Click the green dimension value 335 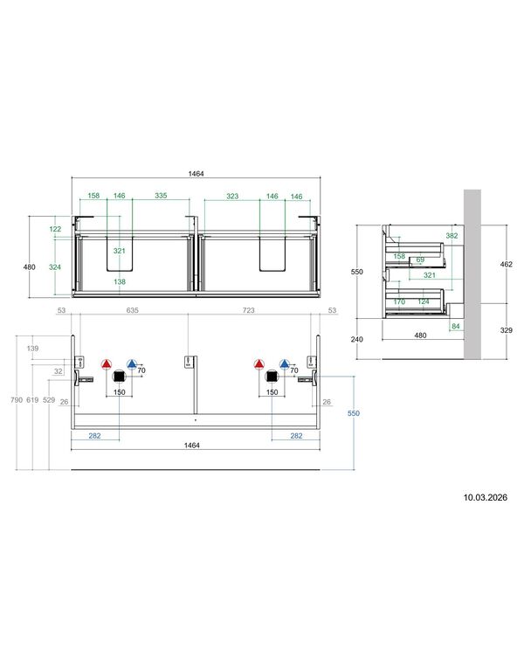click(161, 196)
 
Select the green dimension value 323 click(232, 196)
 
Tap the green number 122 click(55, 229)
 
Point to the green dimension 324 click(55, 267)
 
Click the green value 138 click(120, 281)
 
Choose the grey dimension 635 click(133, 310)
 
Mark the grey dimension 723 click(248, 310)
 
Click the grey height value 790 click(17, 400)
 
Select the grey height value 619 click(32, 400)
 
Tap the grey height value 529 click(49, 400)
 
